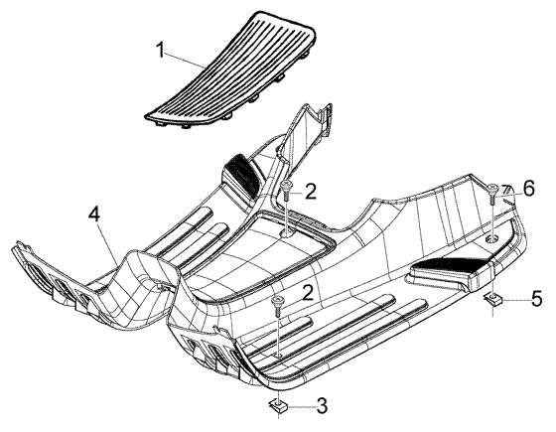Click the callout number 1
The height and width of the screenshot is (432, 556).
[161, 51]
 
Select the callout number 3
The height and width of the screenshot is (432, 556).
[322, 406]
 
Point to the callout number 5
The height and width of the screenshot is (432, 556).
[536, 298]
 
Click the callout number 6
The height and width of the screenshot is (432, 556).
[528, 189]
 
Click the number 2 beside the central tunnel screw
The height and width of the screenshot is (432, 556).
[310, 191]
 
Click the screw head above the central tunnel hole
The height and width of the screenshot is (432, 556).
[286, 185]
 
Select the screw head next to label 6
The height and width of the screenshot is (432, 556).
[491, 187]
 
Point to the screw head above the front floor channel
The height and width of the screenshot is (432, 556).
[277, 300]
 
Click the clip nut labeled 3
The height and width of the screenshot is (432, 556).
[279, 406]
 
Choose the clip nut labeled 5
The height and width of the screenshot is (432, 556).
[492, 300]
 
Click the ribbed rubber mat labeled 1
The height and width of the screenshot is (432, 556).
[230, 71]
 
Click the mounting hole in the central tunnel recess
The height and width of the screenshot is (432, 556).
[287, 232]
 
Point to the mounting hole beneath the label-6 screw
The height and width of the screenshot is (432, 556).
[491, 238]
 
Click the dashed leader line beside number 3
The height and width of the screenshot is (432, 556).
[302, 407]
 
